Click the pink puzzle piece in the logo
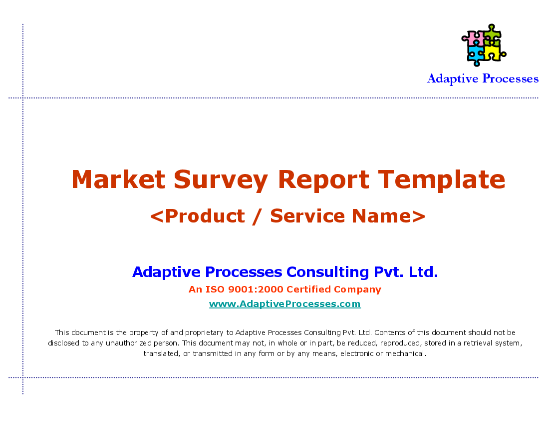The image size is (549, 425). tap(473, 38)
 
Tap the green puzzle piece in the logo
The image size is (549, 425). tap(492, 34)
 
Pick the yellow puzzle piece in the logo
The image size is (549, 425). tap(494, 52)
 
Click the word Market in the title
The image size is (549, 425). tap(118, 179)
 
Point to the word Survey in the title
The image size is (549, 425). tap(221, 180)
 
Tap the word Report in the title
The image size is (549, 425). tap(323, 180)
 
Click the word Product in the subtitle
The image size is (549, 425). tap(205, 215)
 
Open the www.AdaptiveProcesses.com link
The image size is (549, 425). tap(284, 303)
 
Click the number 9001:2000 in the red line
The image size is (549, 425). tap(255, 289)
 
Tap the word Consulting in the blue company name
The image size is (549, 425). tap(328, 272)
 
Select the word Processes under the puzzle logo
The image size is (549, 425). tap(511, 78)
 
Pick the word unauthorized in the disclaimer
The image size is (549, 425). tap(129, 343)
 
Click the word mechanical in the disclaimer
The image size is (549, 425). tap(405, 353)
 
